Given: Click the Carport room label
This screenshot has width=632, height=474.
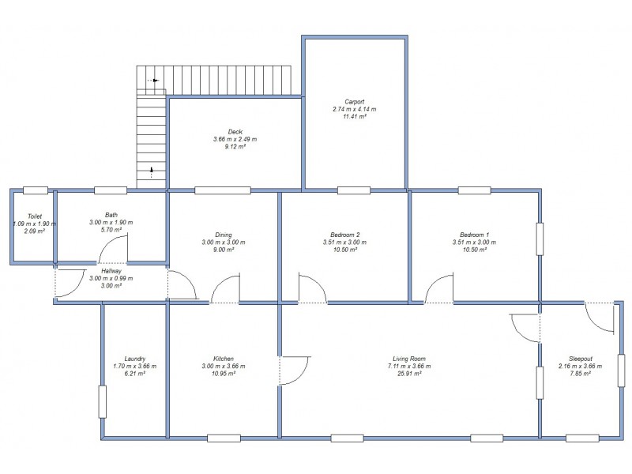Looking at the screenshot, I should click(x=354, y=101).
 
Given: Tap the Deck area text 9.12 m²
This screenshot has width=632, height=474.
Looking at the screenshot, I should click(x=235, y=146).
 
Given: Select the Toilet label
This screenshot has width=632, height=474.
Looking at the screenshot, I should click(x=34, y=216).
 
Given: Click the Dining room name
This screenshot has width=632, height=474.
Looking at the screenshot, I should click(x=224, y=235).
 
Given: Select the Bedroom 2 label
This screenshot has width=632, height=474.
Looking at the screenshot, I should click(x=346, y=235).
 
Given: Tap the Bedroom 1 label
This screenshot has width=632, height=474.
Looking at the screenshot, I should click(x=475, y=235).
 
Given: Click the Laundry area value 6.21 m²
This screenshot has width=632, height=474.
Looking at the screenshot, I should click(x=135, y=374).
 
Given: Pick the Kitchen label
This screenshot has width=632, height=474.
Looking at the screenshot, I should click(x=224, y=359).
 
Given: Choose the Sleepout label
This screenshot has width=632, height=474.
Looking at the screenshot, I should click(x=581, y=359).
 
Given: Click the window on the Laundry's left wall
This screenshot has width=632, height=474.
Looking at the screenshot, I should click(x=102, y=401).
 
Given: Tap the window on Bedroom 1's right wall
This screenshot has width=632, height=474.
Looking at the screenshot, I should click(x=540, y=239).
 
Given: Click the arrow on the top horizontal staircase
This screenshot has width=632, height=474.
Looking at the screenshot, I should click(x=155, y=81).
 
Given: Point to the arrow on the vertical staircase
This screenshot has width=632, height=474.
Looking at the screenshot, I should click(x=152, y=171).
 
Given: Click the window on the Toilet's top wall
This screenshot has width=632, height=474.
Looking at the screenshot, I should click(x=34, y=190).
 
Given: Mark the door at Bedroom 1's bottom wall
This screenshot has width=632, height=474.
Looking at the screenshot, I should click(x=439, y=289).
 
